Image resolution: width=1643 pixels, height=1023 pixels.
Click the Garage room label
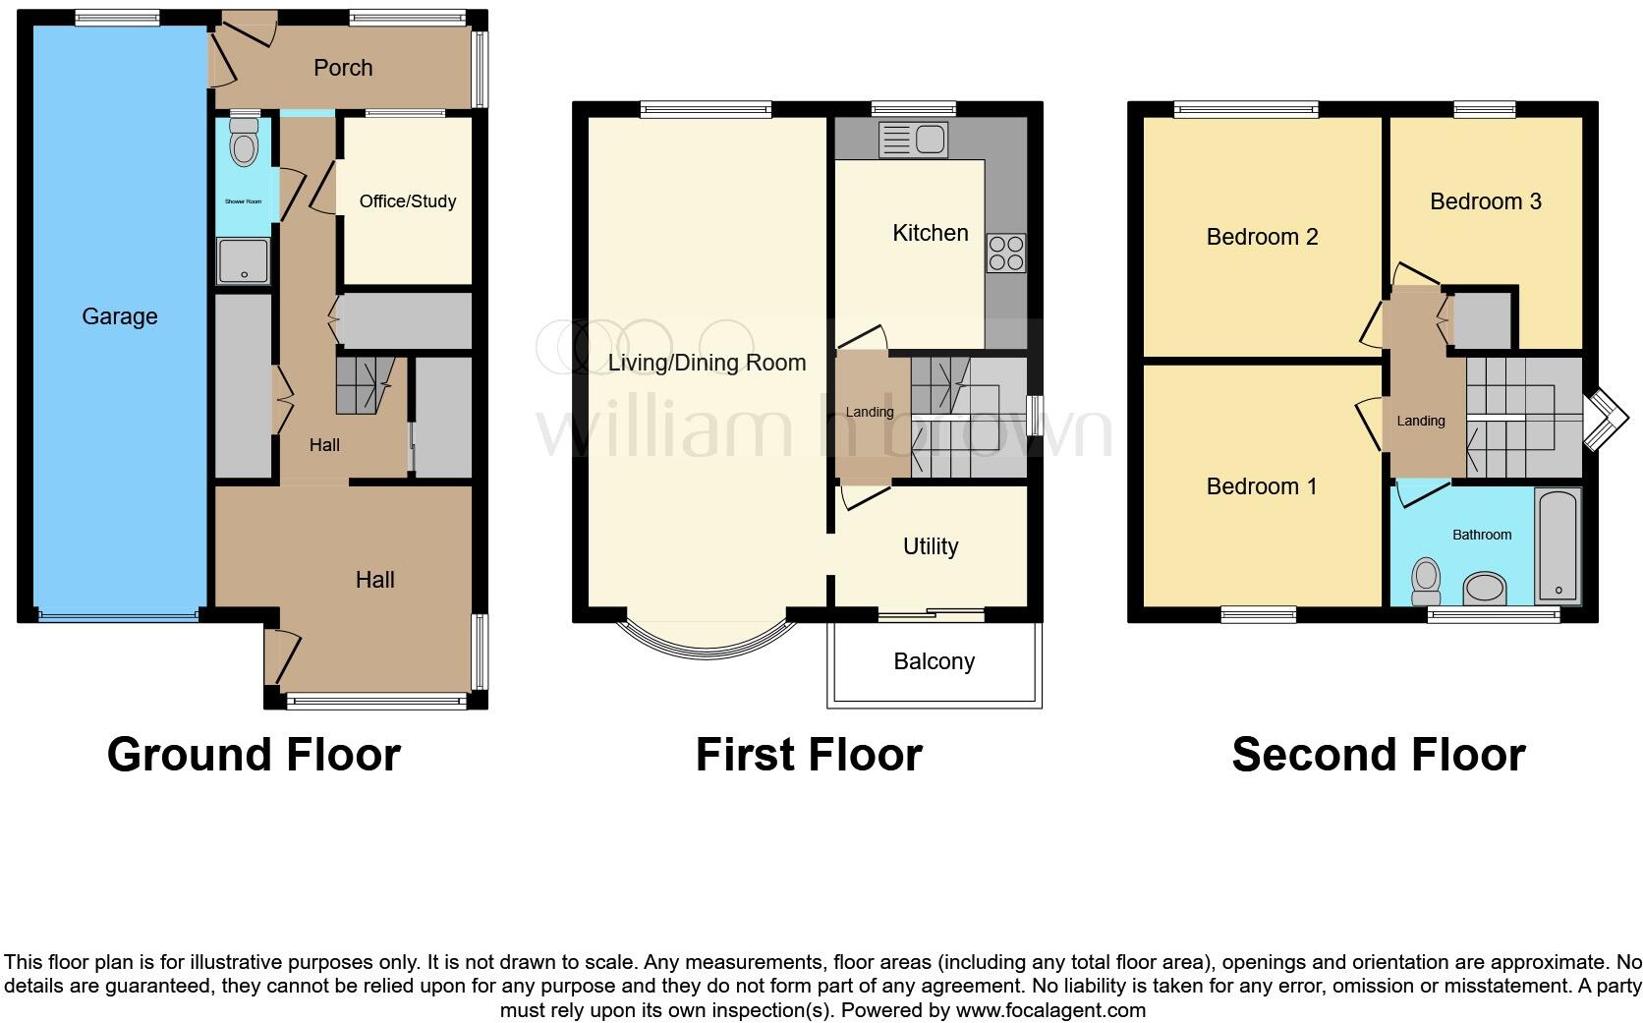click(x=119, y=316)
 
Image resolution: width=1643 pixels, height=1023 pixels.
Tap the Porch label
click(x=343, y=68)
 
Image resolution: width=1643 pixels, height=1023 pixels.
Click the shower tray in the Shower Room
click(x=242, y=261)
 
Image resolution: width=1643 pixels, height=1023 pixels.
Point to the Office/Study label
click(x=407, y=201)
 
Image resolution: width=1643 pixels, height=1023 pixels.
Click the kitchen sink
click(x=914, y=140)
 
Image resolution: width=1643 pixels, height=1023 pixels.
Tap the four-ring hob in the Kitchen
click(x=1006, y=253)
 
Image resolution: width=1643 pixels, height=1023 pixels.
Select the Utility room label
click(x=930, y=546)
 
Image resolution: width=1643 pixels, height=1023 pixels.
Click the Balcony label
click(x=934, y=661)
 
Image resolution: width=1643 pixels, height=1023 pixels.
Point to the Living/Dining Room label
click(x=707, y=363)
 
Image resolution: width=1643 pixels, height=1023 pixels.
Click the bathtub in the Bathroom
click(x=1558, y=545)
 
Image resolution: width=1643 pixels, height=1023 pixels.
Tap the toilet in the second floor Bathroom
click(x=1425, y=582)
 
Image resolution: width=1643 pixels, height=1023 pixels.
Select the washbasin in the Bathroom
click(x=1485, y=590)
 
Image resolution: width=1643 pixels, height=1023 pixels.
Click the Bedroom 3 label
click(x=1485, y=201)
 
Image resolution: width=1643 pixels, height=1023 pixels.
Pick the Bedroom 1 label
click(x=1261, y=486)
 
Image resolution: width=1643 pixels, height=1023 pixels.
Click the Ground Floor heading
click(x=254, y=755)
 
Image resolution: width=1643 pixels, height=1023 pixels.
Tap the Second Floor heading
click(x=1378, y=755)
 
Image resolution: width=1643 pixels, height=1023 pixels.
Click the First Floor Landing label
click(x=870, y=412)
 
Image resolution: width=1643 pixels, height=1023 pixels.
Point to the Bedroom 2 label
click(x=1262, y=237)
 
